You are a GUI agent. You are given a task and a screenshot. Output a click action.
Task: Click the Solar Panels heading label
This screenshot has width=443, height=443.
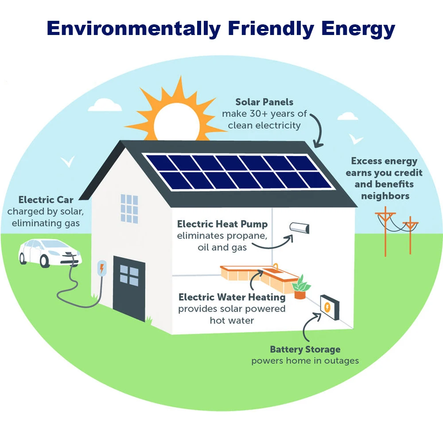tap(264, 103)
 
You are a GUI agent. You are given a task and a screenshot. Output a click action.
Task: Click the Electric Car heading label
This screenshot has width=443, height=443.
tap(46, 200)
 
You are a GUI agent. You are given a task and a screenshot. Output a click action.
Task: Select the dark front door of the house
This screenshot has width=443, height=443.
tap(129, 288)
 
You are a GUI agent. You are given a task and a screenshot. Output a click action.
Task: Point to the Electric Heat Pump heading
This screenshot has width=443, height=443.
tap(222, 224)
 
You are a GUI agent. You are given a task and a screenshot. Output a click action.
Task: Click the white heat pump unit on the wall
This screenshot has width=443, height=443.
tap(300, 228)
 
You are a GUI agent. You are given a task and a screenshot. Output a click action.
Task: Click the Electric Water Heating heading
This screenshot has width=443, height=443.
tap(232, 297)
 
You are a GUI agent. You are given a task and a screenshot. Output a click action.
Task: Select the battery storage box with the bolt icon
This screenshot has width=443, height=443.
tap(330, 307)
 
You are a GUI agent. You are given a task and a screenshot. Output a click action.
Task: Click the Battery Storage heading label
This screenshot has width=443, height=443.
tap(305, 350)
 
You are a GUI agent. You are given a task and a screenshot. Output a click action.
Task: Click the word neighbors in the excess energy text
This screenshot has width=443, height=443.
tap(385, 195)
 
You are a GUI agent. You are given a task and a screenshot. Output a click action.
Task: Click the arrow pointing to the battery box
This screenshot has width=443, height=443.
tap(308, 326)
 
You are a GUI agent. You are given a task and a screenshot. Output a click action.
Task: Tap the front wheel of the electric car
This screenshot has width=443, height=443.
tap(44, 261)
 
